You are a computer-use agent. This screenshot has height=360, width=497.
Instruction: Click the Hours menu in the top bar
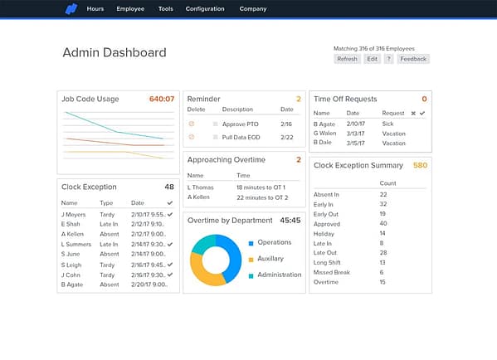click(95, 9)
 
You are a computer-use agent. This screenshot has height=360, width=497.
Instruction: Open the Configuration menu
click(205, 9)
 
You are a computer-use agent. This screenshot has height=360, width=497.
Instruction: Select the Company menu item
click(253, 9)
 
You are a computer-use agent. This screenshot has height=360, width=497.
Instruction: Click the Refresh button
click(347, 59)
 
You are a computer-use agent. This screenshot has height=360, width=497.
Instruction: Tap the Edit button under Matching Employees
click(373, 59)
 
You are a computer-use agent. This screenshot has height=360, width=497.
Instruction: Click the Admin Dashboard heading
click(115, 53)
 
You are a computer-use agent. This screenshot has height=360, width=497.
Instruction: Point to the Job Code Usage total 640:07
click(162, 99)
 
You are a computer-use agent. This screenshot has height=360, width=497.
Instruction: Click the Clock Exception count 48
click(169, 187)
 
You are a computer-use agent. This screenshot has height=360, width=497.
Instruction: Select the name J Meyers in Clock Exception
click(74, 214)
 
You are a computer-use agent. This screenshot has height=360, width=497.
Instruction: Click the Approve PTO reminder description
click(240, 124)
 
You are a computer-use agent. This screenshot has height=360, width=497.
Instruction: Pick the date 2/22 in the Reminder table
click(286, 137)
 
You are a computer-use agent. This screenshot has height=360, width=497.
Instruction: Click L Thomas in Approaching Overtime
click(202, 188)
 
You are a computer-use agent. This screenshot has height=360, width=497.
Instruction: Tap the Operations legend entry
click(274, 243)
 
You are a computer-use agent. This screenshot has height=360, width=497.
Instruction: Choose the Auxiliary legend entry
click(271, 259)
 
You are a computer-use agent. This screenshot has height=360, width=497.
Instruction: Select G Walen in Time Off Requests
click(325, 133)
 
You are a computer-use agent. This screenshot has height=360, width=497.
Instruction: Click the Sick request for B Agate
click(388, 123)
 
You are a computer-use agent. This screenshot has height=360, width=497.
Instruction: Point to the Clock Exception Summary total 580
click(420, 165)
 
